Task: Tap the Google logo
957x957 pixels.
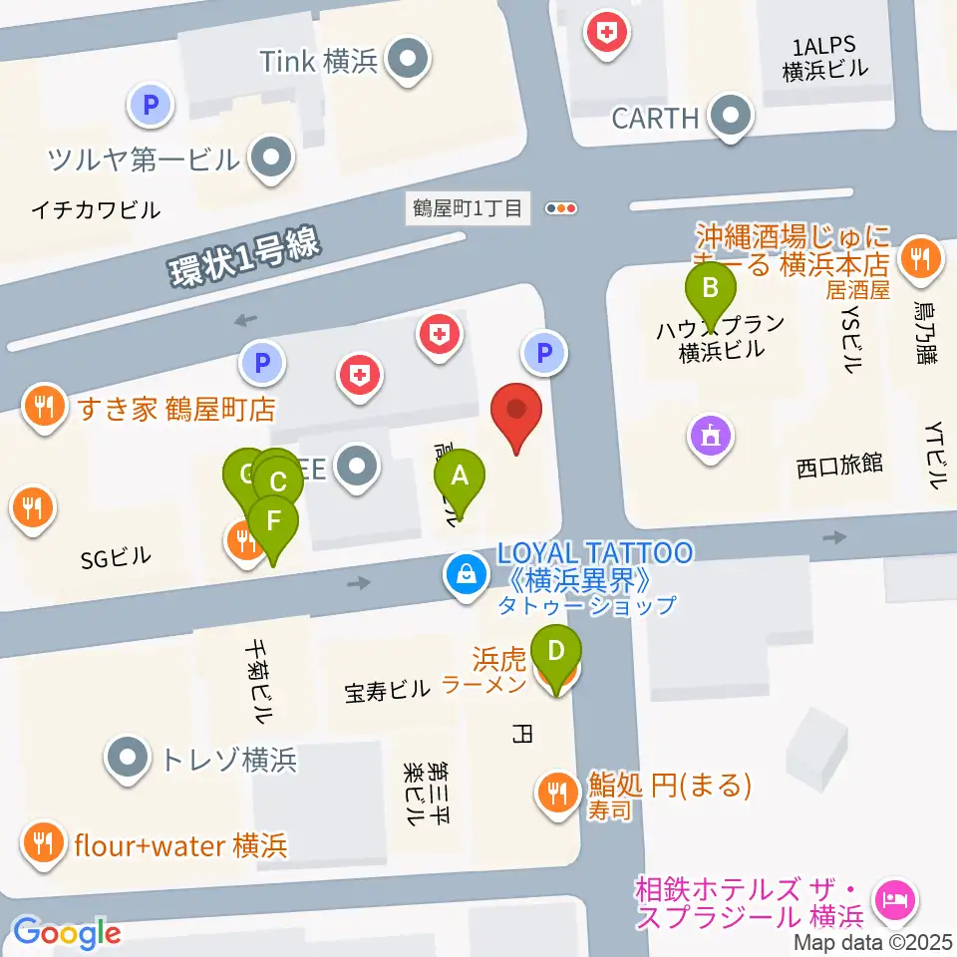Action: (x=66, y=933)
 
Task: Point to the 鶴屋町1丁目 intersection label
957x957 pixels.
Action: (x=468, y=208)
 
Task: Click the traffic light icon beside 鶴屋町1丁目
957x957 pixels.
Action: (x=562, y=208)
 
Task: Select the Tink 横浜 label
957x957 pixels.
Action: (x=319, y=62)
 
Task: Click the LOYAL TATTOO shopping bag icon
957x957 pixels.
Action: (x=465, y=574)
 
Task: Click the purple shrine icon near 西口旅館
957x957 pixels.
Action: (x=710, y=435)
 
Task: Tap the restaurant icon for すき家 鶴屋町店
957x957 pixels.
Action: (x=43, y=407)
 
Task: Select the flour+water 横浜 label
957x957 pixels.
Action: (x=180, y=846)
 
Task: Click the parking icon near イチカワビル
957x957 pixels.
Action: (x=152, y=104)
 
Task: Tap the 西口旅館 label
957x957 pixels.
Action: (x=839, y=465)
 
